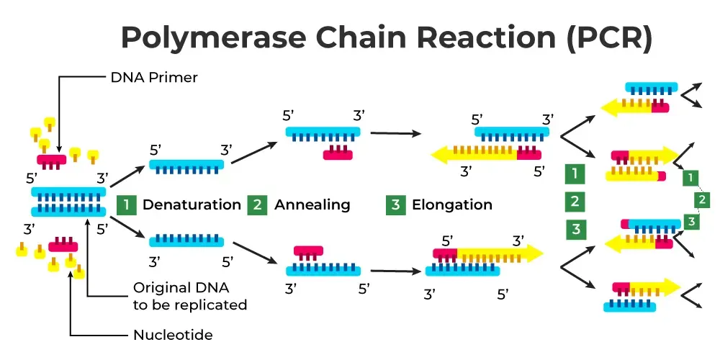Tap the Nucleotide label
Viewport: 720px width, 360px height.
pyautogui.click(x=173, y=335)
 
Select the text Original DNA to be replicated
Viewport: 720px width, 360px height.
pyautogui.click(x=189, y=296)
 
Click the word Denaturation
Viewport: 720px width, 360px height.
pyautogui.click(x=192, y=204)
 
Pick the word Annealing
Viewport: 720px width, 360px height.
pyautogui.click(x=312, y=204)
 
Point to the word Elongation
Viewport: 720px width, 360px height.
pyautogui.click(x=451, y=204)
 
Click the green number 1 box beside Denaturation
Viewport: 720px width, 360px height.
pyautogui.click(x=126, y=204)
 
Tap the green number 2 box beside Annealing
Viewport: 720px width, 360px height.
pyautogui.click(x=257, y=204)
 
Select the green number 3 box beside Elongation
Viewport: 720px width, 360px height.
pyautogui.click(x=395, y=204)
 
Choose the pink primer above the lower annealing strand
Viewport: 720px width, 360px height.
pyautogui.click(x=308, y=251)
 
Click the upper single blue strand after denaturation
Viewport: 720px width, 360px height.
pyautogui.click(x=187, y=164)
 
